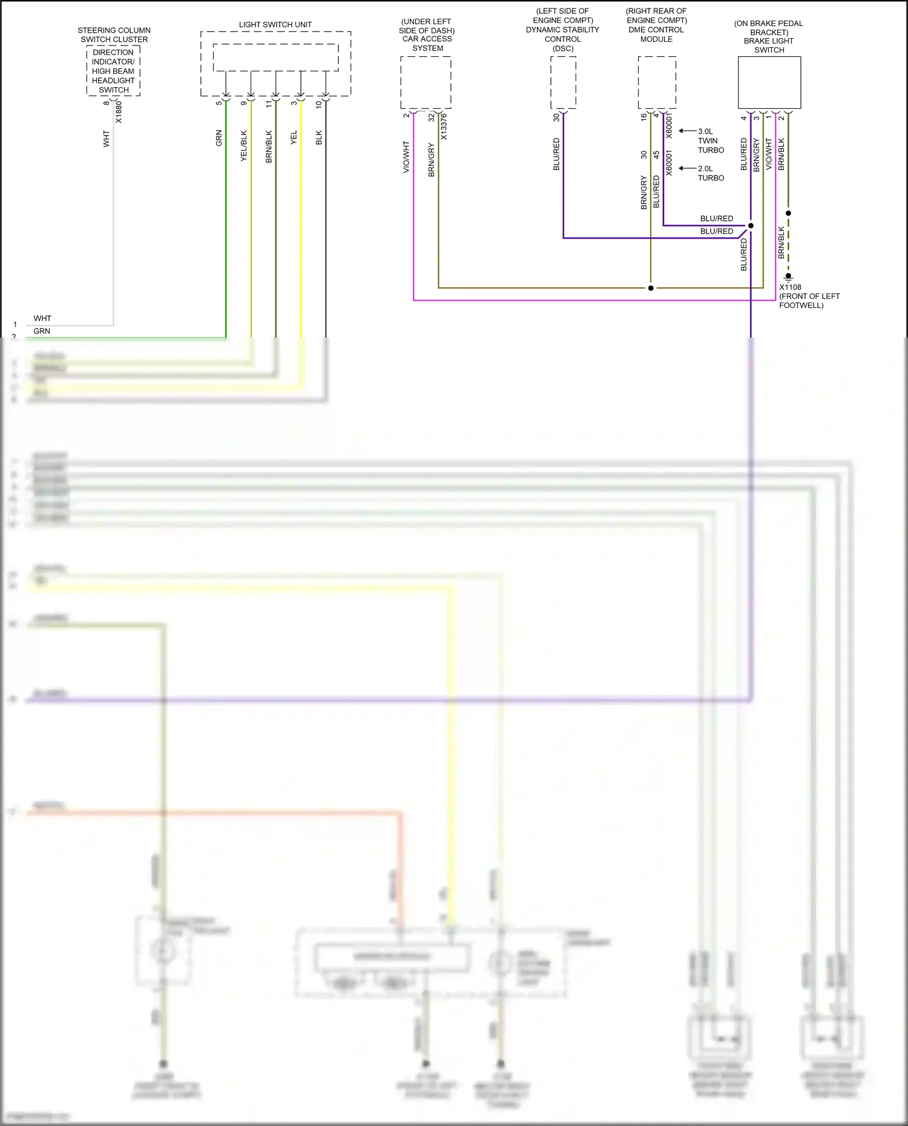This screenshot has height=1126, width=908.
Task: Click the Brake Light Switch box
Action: [x=769, y=83]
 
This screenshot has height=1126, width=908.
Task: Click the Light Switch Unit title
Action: [x=275, y=25]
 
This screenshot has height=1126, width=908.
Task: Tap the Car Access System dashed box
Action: [x=426, y=83]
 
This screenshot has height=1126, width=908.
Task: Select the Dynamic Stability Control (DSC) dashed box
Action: [x=563, y=83]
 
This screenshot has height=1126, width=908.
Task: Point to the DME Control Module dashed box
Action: [x=657, y=83]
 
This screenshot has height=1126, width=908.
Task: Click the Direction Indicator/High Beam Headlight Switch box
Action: [x=113, y=71]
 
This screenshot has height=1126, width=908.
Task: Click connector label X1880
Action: [x=119, y=112]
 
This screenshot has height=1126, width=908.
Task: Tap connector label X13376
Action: [x=444, y=126]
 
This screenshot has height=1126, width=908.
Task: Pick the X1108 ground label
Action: [x=790, y=287]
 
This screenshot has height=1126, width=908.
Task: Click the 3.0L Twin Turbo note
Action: [x=711, y=140]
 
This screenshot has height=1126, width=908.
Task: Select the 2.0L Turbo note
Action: [x=711, y=174]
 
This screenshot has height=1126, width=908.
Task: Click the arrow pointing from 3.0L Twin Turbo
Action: [x=687, y=131]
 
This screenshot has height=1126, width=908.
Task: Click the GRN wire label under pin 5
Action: [x=219, y=138]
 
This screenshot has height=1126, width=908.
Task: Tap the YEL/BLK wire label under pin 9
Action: [x=244, y=146]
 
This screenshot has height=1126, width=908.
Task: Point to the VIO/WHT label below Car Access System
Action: [x=406, y=157]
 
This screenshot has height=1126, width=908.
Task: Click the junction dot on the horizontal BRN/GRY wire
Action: [x=651, y=288]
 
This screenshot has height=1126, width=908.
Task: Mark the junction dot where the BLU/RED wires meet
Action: [x=751, y=226]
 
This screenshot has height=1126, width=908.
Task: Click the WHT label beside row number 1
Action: [x=42, y=318]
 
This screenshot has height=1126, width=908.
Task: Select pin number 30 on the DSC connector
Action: [x=556, y=117]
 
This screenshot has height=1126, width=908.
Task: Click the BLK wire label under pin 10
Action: [x=319, y=138]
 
